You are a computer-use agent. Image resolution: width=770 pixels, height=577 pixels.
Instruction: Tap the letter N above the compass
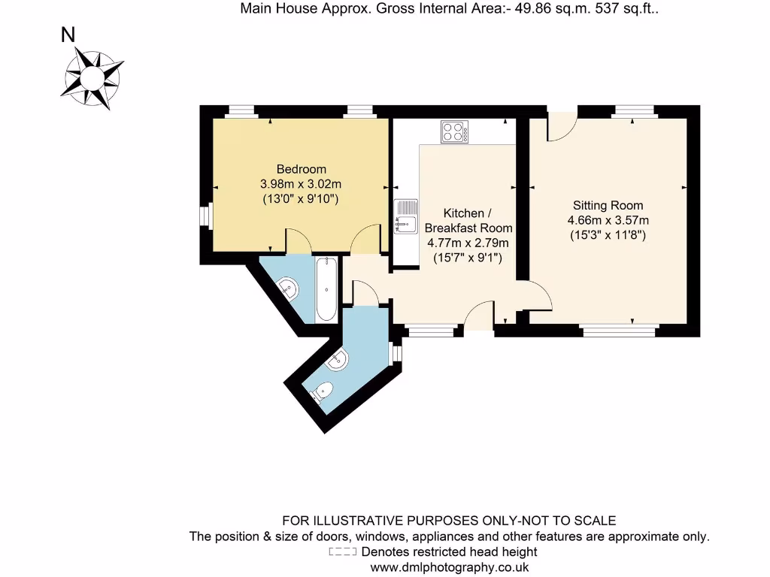[x=68, y=35]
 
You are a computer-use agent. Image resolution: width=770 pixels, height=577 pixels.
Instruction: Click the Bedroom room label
[x=301, y=169]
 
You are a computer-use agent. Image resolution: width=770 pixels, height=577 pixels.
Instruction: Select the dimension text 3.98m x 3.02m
[x=301, y=184]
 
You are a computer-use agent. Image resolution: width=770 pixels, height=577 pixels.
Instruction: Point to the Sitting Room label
[x=608, y=205]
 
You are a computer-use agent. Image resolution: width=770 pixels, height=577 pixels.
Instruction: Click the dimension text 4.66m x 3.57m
[x=608, y=220]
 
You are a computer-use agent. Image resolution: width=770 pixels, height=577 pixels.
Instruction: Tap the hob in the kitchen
[x=454, y=132]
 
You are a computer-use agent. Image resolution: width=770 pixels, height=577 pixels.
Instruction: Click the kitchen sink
[x=405, y=216]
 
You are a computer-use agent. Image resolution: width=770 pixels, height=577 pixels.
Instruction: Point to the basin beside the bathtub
[x=287, y=286]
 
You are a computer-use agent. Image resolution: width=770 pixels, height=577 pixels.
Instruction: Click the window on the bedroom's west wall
[x=204, y=215]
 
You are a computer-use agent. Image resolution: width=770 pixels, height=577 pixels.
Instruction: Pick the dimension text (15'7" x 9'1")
[x=468, y=258]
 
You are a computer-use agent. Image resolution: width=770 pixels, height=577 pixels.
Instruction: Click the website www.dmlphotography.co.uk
[x=449, y=567]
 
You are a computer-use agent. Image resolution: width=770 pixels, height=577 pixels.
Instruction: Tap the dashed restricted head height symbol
[x=344, y=552]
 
